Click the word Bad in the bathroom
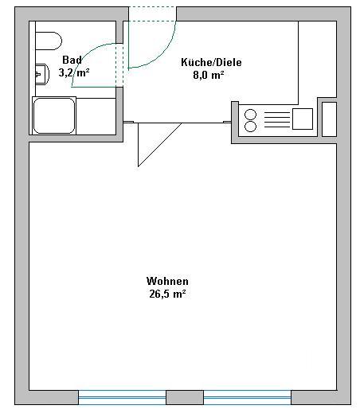[72, 60]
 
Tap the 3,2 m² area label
[74, 72]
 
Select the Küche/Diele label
[211, 62]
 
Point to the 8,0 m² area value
[209, 75]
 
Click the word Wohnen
[167, 281]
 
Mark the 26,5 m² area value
[167, 294]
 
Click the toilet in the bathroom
[49, 41]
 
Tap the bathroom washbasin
[42, 74]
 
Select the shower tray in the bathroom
[54, 115]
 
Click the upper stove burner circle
[250, 115]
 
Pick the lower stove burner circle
[250, 127]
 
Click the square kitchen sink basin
[303, 119]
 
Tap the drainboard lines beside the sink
[277, 119]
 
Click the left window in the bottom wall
[123, 397]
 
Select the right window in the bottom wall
[248, 397]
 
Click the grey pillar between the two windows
[185, 397]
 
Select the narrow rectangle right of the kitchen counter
[330, 119]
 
